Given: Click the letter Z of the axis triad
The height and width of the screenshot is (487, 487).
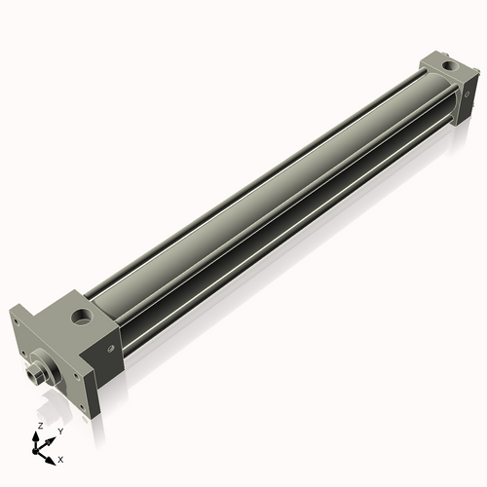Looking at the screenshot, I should pyautogui.click(x=39, y=427).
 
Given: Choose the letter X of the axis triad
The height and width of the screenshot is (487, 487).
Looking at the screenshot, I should pyautogui.click(x=60, y=458).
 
